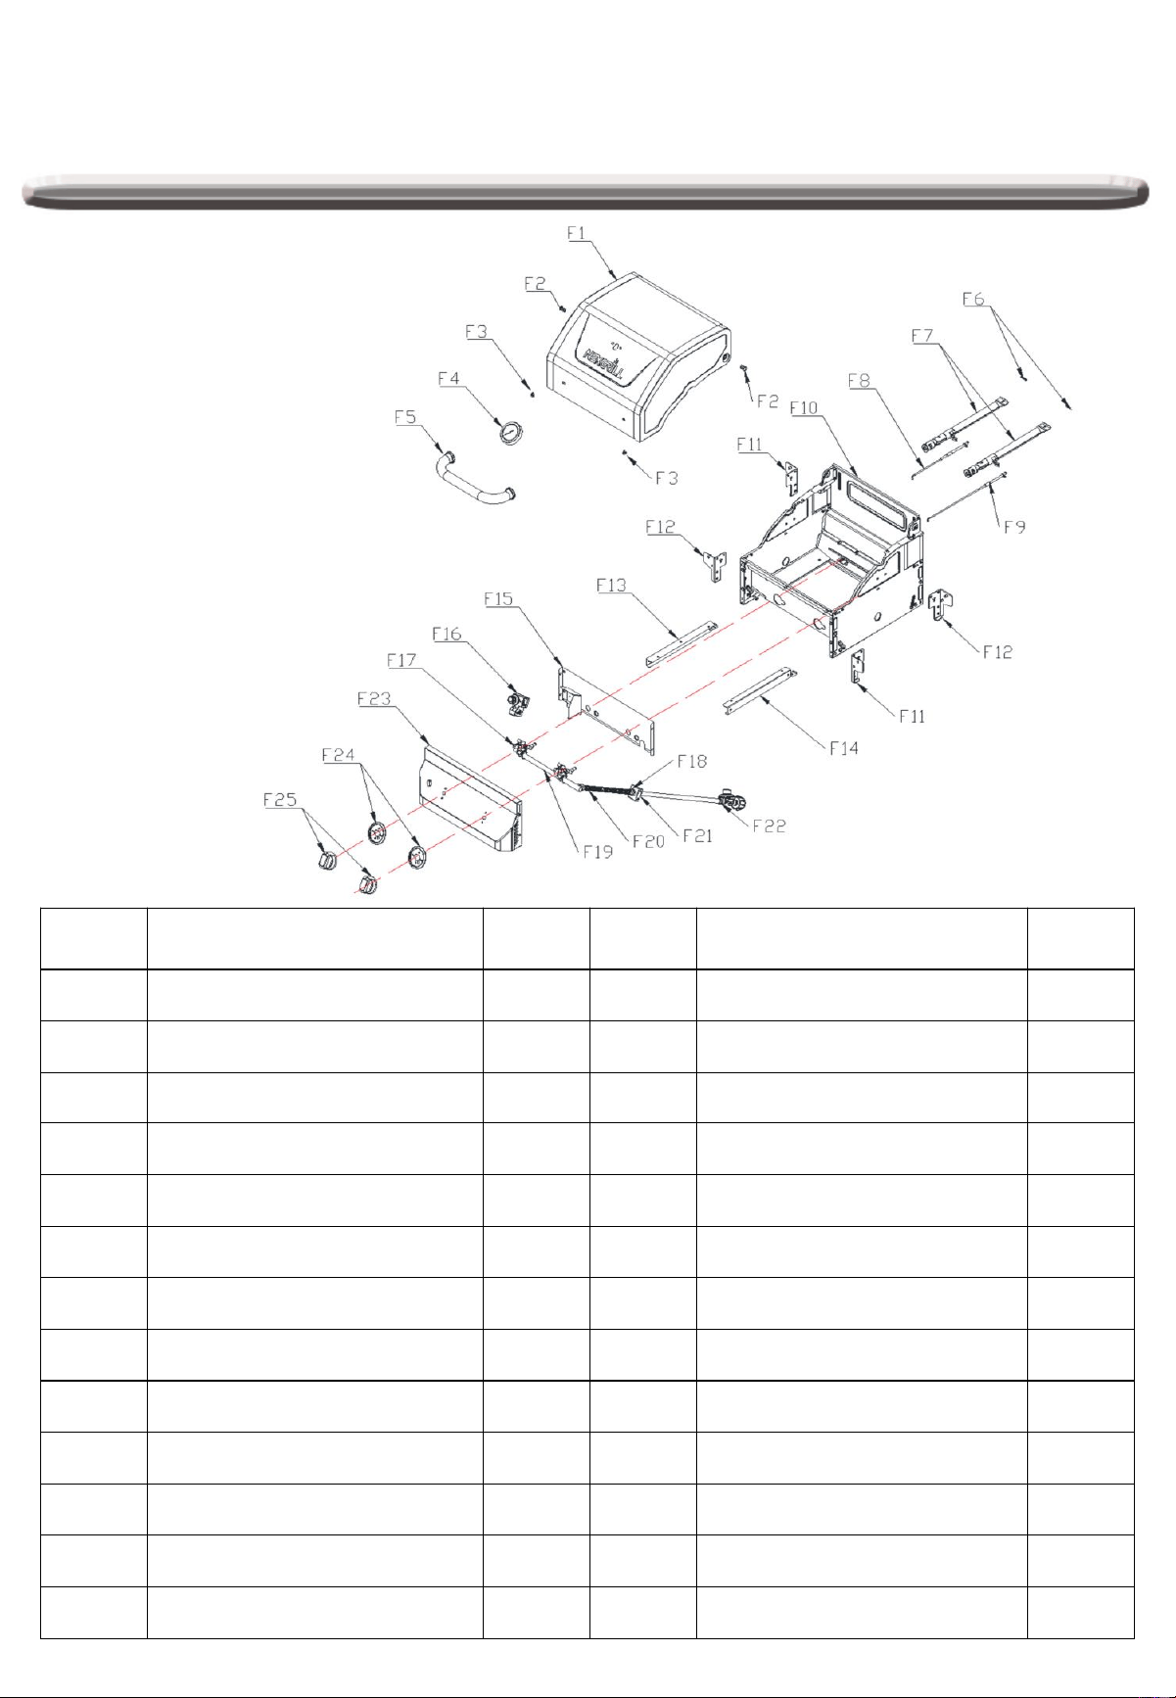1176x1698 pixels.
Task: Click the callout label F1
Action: (577, 233)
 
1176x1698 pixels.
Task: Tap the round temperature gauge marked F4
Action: (511, 431)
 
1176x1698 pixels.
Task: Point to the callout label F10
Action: (804, 407)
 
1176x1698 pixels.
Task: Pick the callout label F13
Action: (611, 586)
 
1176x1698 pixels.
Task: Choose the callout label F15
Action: (498, 599)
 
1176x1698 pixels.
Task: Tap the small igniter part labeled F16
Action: (517, 700)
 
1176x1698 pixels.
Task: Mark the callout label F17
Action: (401, 661)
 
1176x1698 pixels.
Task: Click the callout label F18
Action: (691, 762)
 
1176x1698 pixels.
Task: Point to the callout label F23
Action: (374, 699)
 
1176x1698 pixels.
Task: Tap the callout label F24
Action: (338, 756)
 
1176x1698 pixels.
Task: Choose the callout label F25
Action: (280, 800)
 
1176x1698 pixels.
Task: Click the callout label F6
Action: (973, 300)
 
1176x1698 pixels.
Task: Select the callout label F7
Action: (922, 336)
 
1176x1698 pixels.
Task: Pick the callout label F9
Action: (1014, 527)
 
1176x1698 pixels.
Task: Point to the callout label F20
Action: (647, 841)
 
